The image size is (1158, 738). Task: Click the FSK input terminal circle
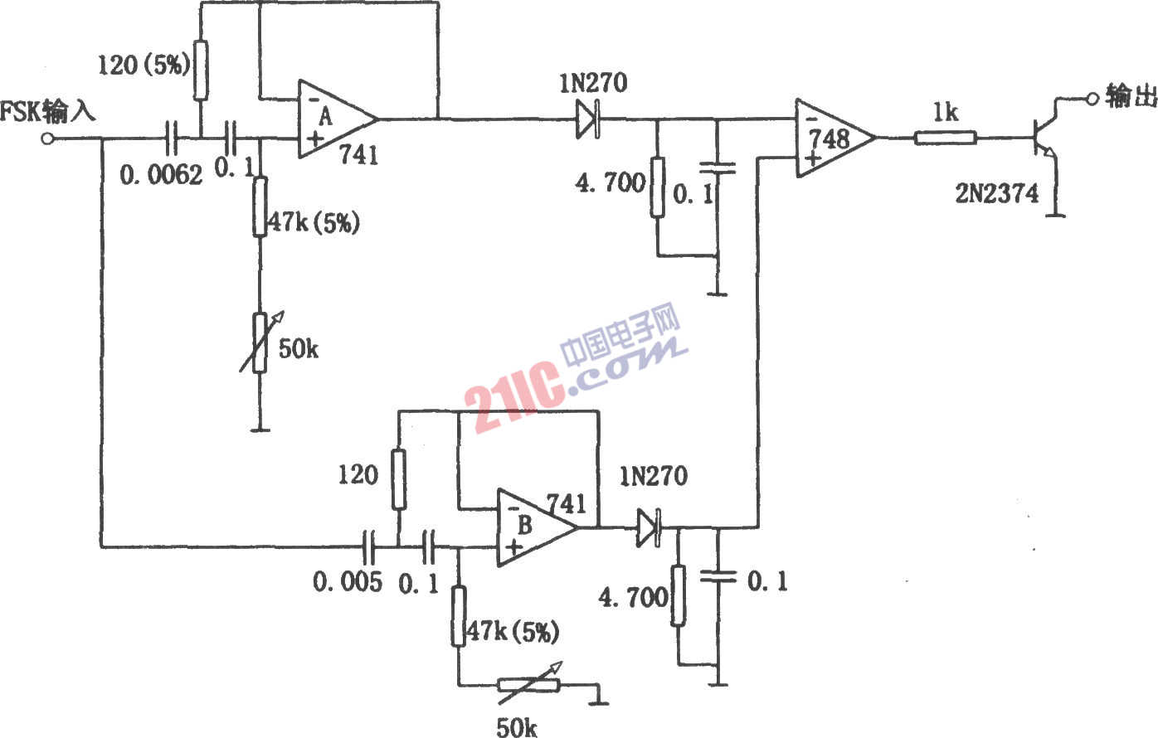pos(47,139)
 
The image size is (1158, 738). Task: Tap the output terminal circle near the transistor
pos(1092,99)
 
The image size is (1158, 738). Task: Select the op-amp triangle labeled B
pos(538,527)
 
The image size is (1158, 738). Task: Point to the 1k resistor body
pos(946,138)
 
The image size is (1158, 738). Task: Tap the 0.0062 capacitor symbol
pos(171,138)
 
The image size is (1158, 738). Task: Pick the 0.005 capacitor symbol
pos(368,546)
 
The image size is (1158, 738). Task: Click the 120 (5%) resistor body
pos(201,70)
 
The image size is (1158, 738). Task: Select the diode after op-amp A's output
pos(589,119)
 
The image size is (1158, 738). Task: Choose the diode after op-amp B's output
pos(649,527)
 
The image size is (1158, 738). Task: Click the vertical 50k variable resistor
pos(260,342)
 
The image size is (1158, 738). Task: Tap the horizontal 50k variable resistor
pos(529,685)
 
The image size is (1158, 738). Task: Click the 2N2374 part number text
pos(996,194)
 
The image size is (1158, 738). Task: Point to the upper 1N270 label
pos(593,83)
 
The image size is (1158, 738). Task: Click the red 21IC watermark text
pos(513,396)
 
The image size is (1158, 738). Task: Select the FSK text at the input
pos(20,112)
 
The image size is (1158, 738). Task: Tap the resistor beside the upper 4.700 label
pos(657,187)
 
